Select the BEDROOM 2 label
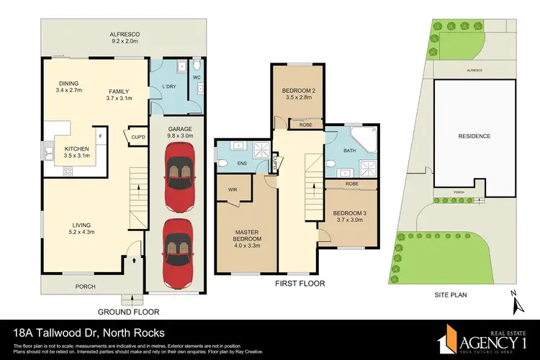click(296, 91)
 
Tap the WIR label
click(233, 191)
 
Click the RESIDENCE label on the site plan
click(474, 136)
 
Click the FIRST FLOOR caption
click(295, 284)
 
